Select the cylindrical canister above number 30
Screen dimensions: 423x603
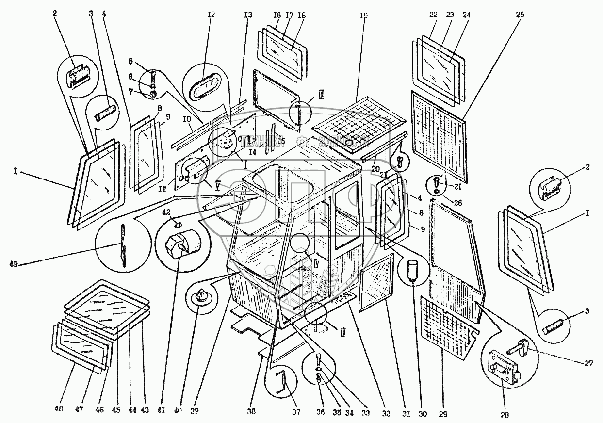(x=412, y=268)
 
